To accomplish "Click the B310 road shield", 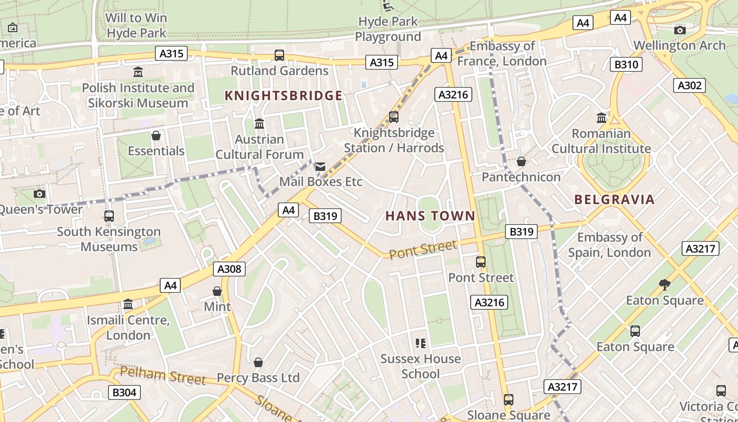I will coord(627,65).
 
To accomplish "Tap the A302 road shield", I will coord(690,85).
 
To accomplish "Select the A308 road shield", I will coord(230,269).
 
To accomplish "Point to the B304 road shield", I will coord(124,392).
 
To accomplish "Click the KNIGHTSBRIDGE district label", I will coord(284,95).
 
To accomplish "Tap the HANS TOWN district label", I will coord(430,216).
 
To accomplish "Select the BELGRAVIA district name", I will coord(614,199).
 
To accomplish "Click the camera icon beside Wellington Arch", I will coord(680,30).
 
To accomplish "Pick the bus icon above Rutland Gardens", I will coord(279,55).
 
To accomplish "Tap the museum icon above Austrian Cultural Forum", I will coord(259,124).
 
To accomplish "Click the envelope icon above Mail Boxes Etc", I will coord(320,167).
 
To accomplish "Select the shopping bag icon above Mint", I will coord(217,291).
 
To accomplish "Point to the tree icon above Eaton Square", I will coord(665,285).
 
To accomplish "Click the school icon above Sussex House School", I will coord(420,343).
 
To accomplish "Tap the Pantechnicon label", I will coord(521,177).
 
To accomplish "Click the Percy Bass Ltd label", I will coord(258,378).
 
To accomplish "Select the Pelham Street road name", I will coord(162,376).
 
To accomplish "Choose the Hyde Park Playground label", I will coord(388,29).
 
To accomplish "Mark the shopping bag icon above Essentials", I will coord(156,136).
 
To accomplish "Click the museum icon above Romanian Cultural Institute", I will coord(601,118).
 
